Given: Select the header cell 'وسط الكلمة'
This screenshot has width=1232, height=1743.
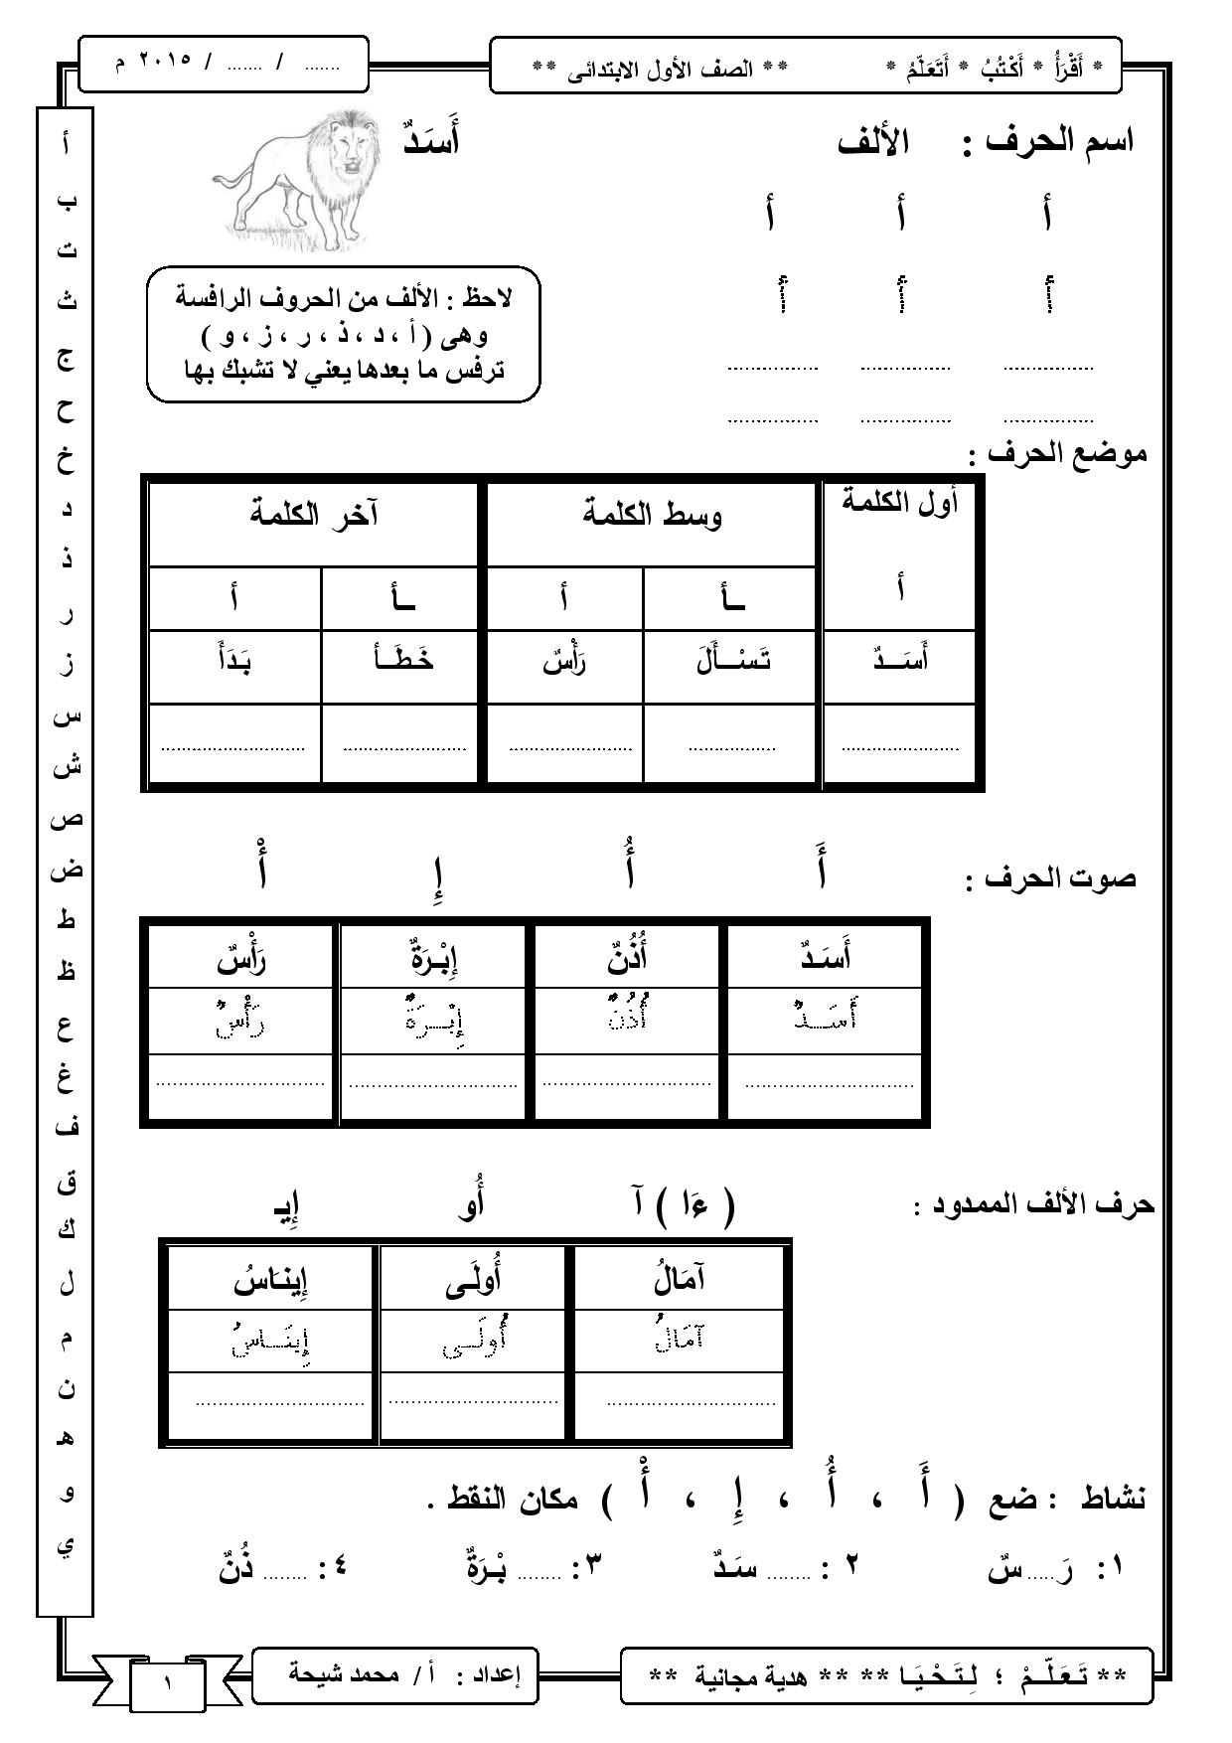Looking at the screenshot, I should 652,515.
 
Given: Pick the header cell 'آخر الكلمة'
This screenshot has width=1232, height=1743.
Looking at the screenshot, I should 313,515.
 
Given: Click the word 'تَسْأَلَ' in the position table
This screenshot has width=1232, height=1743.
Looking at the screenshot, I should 733,661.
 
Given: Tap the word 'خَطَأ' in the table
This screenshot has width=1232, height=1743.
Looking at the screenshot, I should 401,661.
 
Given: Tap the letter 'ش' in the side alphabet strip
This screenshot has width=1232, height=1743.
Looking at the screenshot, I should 66,766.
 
